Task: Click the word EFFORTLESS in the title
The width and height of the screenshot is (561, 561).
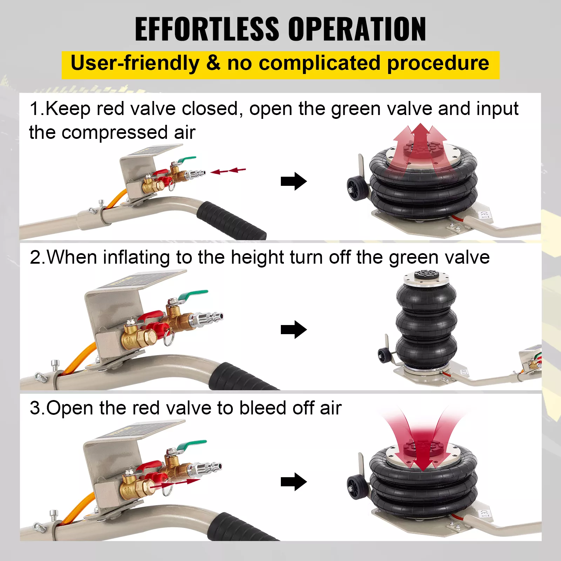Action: [207, 29]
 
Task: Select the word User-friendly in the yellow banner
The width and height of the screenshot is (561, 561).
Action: [135, 63]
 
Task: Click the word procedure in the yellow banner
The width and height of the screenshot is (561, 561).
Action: [438, 63]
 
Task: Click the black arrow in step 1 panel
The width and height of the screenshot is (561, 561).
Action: [294, 181]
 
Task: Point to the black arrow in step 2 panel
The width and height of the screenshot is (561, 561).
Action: [294, 330]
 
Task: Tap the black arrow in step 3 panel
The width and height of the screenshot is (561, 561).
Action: [294, 482]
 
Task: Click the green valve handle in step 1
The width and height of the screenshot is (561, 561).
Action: [185, 160]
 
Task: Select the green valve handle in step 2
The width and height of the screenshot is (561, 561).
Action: [194, 295]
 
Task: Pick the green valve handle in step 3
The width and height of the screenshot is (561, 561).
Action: [191, 445]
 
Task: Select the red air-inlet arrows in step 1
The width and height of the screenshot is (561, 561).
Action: [228, 171]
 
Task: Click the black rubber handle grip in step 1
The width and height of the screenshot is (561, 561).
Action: [231, 220]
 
